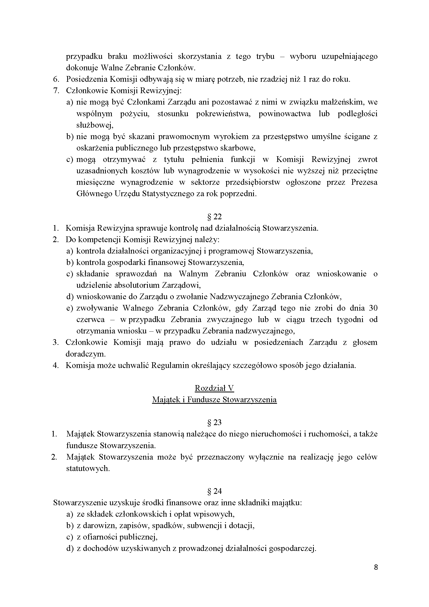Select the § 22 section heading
point(214,217)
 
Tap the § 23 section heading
point(214,422)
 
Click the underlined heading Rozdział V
point(214,388)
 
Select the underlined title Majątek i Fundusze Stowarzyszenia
point(214,399)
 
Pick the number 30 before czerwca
point(373,308)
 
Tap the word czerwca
point(91,319)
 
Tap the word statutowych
point(88,468)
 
